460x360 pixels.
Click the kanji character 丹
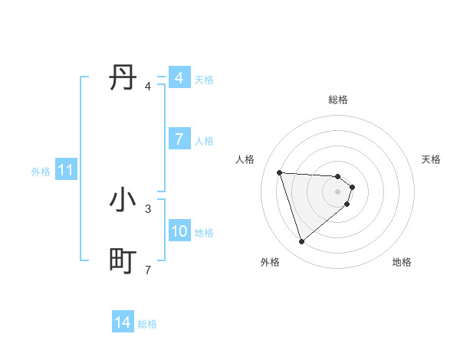point(123,77)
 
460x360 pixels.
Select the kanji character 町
point(123,261)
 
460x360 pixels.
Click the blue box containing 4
point(179,78)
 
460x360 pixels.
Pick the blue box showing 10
point(179,231)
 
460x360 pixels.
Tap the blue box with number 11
point(65,171)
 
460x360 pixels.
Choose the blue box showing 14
point(122,323)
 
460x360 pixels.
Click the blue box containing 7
point(179,139)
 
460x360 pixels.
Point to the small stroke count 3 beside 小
point(148,208)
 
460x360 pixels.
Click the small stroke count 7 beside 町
point(148,270)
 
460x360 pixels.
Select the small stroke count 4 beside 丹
point(148,86)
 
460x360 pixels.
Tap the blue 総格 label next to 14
point(147,324)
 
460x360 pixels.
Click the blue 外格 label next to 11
point(41,172)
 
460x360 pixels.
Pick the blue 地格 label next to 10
point(204,232)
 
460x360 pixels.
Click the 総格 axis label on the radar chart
point(338,100)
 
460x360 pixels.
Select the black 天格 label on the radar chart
point(431,159)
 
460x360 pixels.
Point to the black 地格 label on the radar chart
point(402,262)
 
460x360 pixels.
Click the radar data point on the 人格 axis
point(279,172)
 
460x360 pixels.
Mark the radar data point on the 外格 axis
point(301,242)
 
